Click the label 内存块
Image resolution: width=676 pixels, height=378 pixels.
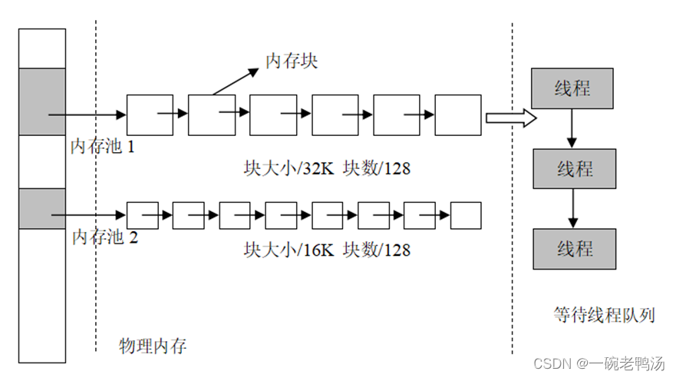pos(292,61)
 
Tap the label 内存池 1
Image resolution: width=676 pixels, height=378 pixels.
pos(103,145)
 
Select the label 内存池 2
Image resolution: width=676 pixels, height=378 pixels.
pos(105,237)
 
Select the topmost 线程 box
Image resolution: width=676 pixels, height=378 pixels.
pos(572,88)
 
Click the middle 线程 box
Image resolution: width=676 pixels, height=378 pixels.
pos(573,168)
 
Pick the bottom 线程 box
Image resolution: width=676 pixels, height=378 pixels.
pos(573,248)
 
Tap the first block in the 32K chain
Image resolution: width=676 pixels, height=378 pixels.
pos(150,115)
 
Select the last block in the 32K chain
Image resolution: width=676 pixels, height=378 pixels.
pos(458,115)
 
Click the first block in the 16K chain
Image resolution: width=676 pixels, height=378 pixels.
pos(142,215)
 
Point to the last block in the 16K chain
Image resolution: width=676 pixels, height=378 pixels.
pos(465,215)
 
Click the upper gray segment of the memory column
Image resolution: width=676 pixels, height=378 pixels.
pos(42,101)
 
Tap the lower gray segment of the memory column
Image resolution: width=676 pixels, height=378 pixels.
pos(42,207)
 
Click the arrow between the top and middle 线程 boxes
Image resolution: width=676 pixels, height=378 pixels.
pos(572,128)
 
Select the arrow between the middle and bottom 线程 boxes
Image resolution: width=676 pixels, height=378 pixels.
pos(572,208)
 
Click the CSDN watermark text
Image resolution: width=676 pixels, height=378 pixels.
pos(599,363)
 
